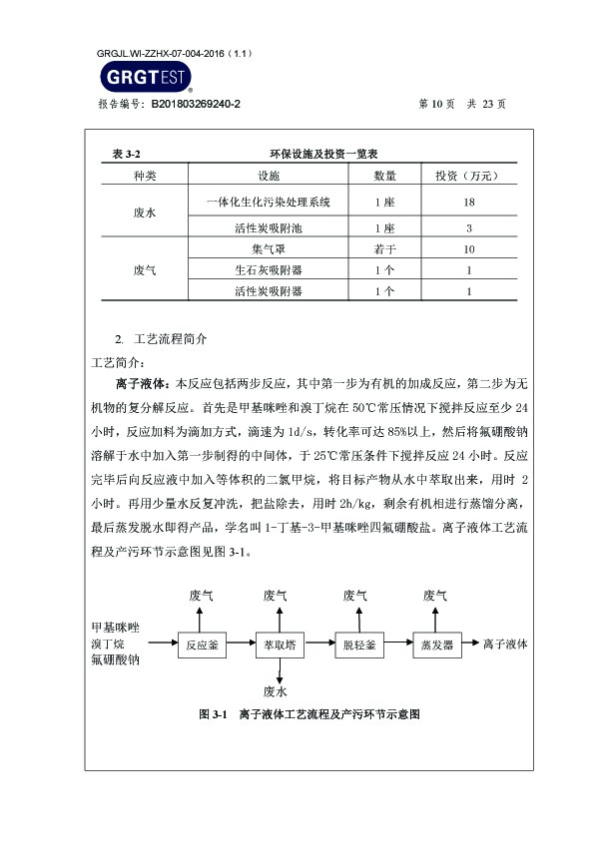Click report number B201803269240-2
196,103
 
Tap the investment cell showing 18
468,202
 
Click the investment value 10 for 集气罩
468,248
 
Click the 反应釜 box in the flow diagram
201,645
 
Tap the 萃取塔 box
279,645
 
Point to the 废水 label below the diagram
276,690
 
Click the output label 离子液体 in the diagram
505,644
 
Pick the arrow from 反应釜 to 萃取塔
240,645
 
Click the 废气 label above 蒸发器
435,596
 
